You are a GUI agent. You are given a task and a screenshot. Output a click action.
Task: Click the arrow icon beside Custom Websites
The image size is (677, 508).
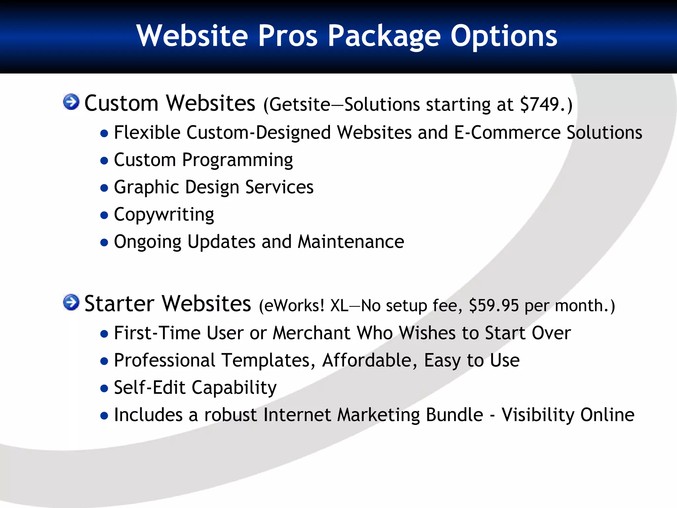click(71, 102)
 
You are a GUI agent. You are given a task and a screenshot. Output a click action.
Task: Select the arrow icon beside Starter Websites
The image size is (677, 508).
click(71, 302)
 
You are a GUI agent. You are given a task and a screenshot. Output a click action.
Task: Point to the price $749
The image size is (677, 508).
click(539, 105)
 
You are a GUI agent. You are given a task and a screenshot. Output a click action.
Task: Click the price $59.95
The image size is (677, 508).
click(494, 305)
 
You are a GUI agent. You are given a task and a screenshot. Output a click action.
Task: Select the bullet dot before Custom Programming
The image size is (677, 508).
click(104, 161)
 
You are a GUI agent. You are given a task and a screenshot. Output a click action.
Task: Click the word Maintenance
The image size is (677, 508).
click(351, 242)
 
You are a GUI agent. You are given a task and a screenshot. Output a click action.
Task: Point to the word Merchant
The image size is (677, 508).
click(311, 333)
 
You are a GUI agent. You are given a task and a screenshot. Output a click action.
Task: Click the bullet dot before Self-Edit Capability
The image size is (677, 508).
click(104, 388)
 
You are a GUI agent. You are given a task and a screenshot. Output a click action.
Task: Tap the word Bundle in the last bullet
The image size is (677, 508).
click(455, 415)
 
